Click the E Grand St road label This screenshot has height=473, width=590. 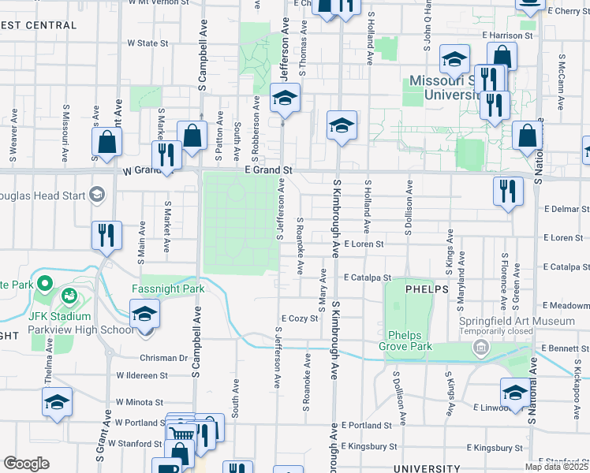tap(268, 169)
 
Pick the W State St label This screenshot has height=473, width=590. tap(148, 43)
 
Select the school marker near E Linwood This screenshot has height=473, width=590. tap(514, 393)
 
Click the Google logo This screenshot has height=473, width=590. tap(26, 464)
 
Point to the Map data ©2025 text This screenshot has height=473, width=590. tap(557, 467)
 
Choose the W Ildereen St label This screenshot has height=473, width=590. tap(141, 376)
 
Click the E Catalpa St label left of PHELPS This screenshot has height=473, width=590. tap(368, 277)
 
